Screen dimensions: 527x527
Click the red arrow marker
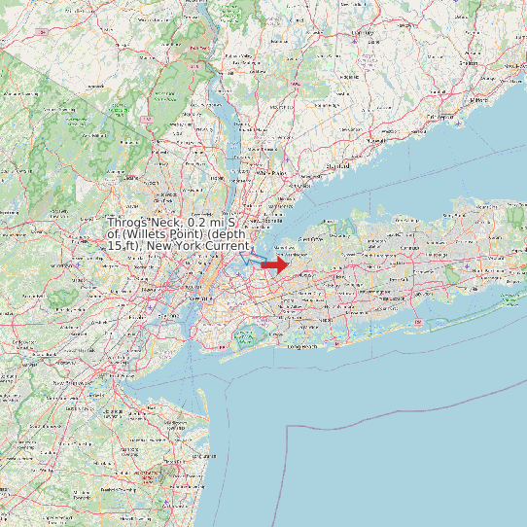(x=275, y=264)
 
